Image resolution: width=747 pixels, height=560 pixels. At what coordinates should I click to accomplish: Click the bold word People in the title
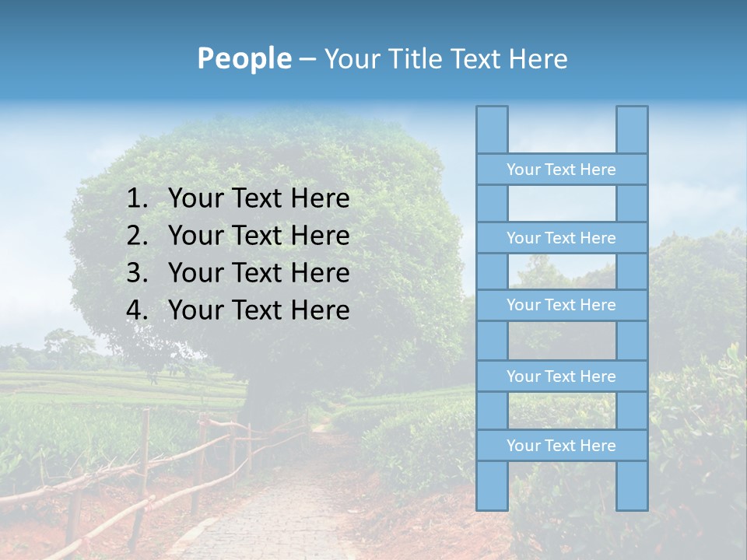tap(244, 58)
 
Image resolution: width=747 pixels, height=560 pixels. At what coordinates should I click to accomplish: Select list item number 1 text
tap(258, 199)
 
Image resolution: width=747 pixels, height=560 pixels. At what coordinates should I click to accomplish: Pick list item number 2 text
tap(258, 236)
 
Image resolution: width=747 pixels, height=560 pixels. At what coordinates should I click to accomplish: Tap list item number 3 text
tap(258, 273)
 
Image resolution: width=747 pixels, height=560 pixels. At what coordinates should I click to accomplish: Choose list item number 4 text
tap(258, 310)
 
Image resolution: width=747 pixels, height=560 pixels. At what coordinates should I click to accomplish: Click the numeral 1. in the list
tap(137, 199)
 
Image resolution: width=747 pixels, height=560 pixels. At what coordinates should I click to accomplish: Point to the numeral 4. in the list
tap(137, 310)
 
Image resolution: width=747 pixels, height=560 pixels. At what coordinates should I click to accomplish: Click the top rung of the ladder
tap(561, 169)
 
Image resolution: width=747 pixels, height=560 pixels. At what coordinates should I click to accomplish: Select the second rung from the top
tap(561, 237)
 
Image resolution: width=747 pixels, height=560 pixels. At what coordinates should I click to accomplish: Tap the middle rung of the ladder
tap(561, 305)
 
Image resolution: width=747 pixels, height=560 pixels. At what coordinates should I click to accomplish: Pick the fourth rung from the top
tap(561, 376)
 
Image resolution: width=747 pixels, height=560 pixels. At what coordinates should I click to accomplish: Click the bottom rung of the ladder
tap(561, 445)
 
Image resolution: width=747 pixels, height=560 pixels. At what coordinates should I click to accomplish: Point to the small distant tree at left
tap(67, 346)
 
